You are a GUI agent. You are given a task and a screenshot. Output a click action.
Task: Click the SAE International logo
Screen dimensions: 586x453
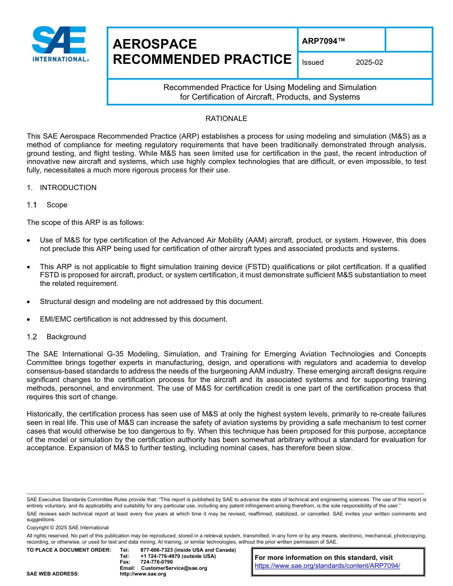pyautogui.click(x=60, y=44)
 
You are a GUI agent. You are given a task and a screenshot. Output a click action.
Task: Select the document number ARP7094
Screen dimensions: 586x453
pyautogui.click(x=323, y=41)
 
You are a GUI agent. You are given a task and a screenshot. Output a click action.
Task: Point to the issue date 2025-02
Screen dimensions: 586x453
pyautogui.click(x=369, y=62)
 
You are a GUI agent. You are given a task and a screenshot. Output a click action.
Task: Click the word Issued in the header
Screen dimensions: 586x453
pyautogui.click(x=313, y=62)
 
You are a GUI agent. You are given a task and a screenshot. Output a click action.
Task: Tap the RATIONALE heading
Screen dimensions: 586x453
pyautogui.click(x=226, y=119)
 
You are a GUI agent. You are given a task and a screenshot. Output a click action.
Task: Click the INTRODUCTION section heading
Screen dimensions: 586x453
pyautogui.click(x=68, y=188)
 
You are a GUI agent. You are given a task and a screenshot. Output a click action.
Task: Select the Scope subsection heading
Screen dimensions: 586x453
pyautogui.click(x=57, y=205)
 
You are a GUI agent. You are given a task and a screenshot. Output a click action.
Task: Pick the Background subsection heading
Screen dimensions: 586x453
pyautogui.click(x=66, y=337)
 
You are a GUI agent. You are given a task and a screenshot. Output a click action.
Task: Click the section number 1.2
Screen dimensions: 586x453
pyautogui.click(x=32, y=337)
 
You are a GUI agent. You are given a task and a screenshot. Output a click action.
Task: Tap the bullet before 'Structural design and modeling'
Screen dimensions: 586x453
pyautogui.click(x=30, y=302)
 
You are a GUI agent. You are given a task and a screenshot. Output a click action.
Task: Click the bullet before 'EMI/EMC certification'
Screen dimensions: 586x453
pyautogui.click(x=30, y=320)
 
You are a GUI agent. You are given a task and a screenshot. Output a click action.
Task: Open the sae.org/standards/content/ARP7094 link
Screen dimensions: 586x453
pyautogui.click(x=327, y=566)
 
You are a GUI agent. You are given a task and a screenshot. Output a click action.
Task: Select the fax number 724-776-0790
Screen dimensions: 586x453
pyautogui.click(x=157, y=562)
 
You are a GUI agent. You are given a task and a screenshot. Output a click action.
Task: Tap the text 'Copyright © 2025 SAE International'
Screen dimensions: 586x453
pyautogui.click(x=68, y=527)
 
